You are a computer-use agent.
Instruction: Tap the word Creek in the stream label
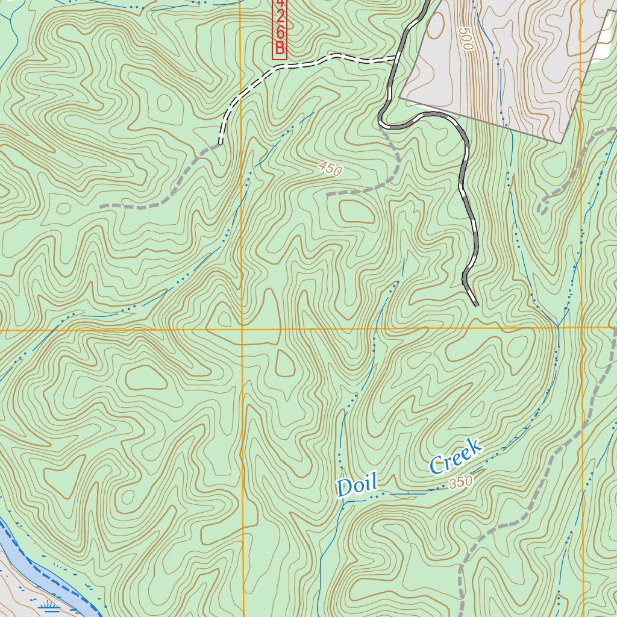[456, 456]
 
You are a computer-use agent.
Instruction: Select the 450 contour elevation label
[330, 170]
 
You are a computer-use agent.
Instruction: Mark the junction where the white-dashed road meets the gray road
[396, 58]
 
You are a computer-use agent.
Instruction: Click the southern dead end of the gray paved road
[477, 305]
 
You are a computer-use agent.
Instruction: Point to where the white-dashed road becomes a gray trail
[221, 143]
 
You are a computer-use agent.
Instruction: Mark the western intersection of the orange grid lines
[242, 330]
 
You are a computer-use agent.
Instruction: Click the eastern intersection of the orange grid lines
[582, 328]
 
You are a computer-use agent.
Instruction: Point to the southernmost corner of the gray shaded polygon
[562, 143]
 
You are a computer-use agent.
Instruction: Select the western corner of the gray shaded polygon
[400, 98]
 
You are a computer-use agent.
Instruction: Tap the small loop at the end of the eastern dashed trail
[542, 207]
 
